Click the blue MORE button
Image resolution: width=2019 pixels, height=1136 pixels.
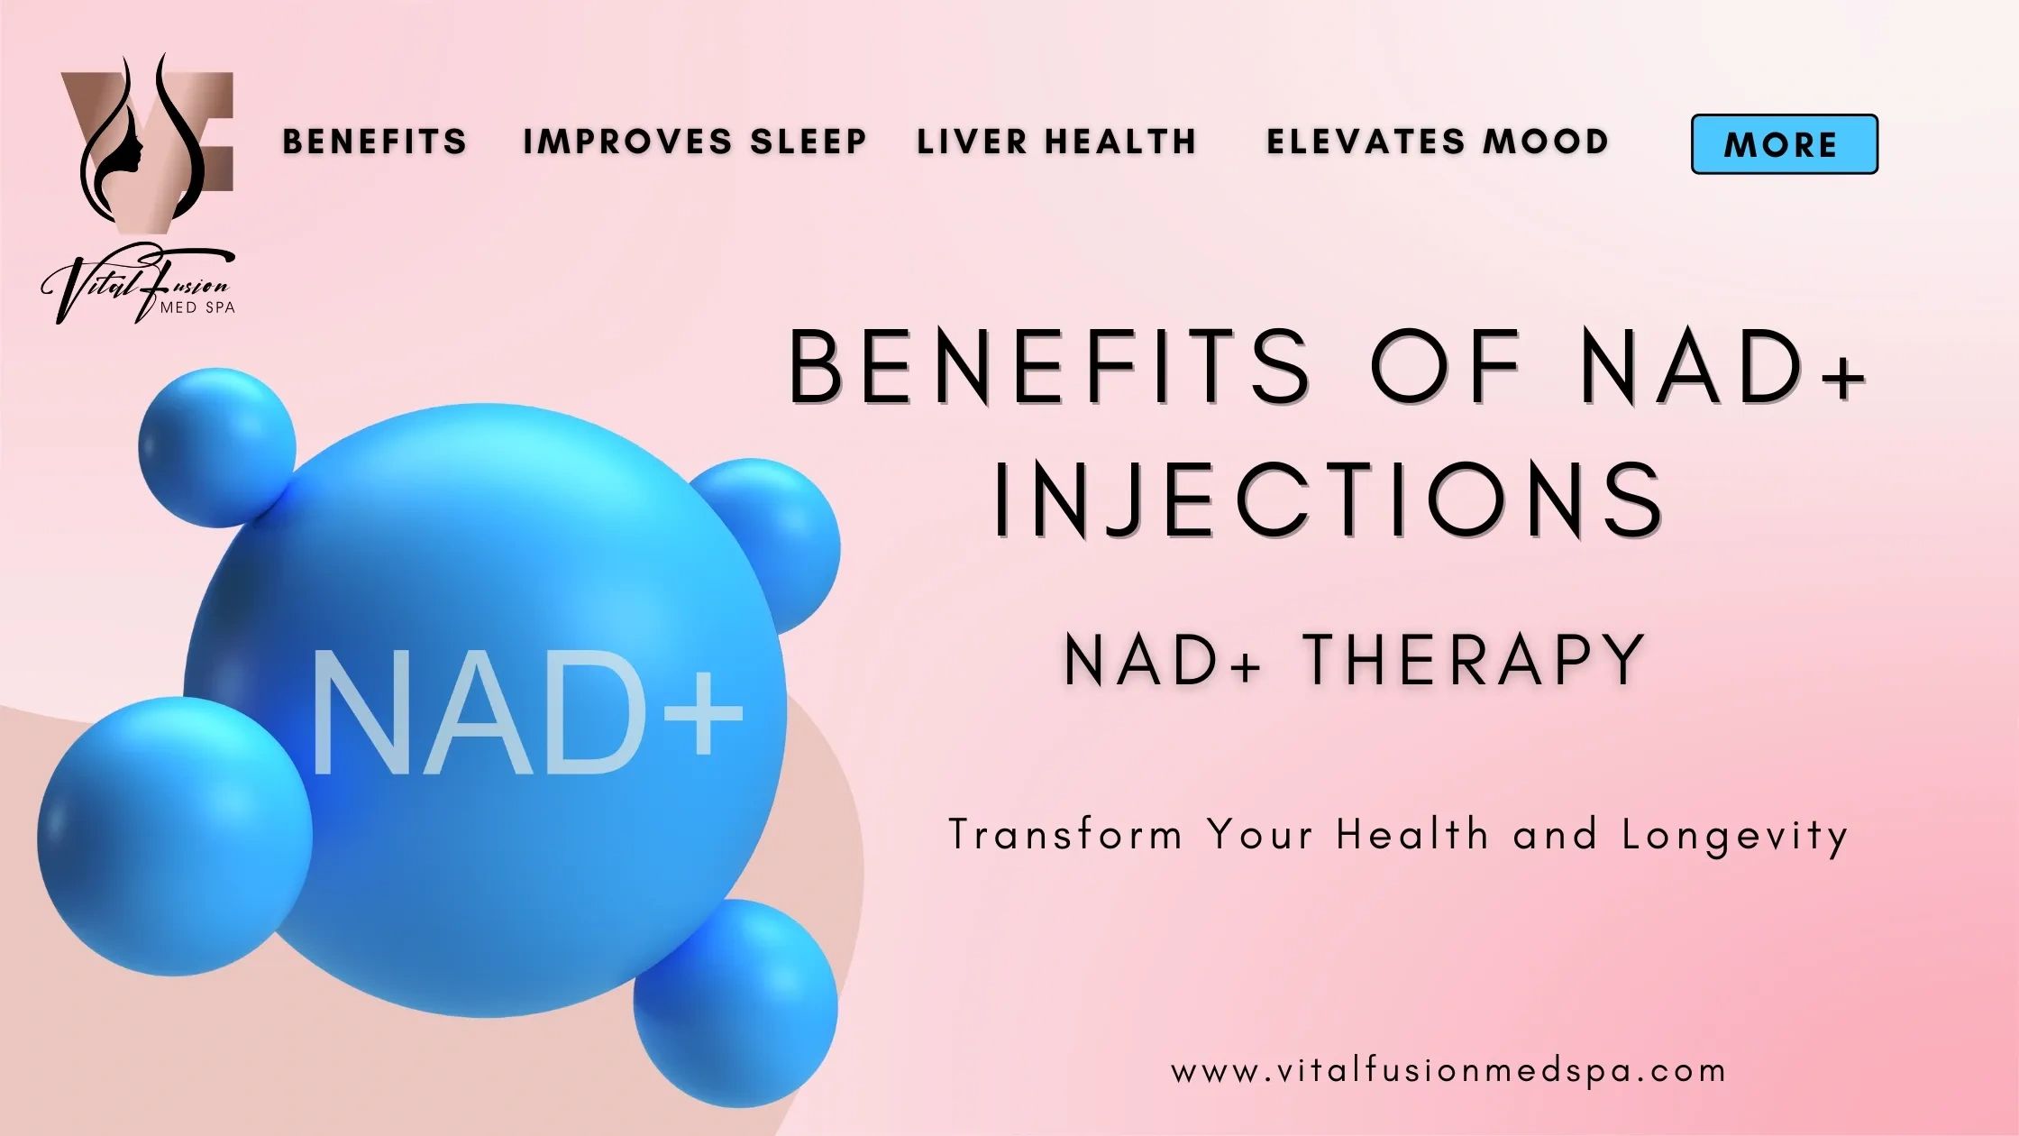click(x=1784, y=144)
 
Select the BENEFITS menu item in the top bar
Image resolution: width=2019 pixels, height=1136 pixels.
click(x=375, y=142)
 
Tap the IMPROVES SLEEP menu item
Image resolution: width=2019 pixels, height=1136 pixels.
click(x=695, y=142)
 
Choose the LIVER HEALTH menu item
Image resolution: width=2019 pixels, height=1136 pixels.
click(x=1057, y=142)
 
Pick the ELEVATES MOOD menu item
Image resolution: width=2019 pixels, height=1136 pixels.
click(x=1438, y=142)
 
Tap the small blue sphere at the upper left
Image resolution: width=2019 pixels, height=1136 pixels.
click(x=216, y=447)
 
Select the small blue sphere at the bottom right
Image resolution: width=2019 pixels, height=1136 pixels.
click(x=735, y=1003)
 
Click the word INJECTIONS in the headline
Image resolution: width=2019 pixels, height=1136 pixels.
click(x=1329, y=499)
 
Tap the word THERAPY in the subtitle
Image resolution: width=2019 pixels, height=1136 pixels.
click(x=1475, y=660)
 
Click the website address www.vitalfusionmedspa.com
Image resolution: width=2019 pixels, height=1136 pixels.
click(x=1448, y=1071)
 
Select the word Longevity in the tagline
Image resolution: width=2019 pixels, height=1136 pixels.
click(x=1735, y=835)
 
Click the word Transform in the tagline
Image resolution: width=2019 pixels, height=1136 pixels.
click(x=1065, y=835)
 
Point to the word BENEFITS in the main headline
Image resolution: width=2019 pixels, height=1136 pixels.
click(x=1050, y=368)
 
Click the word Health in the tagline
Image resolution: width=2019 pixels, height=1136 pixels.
click(x=1412, y=835)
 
